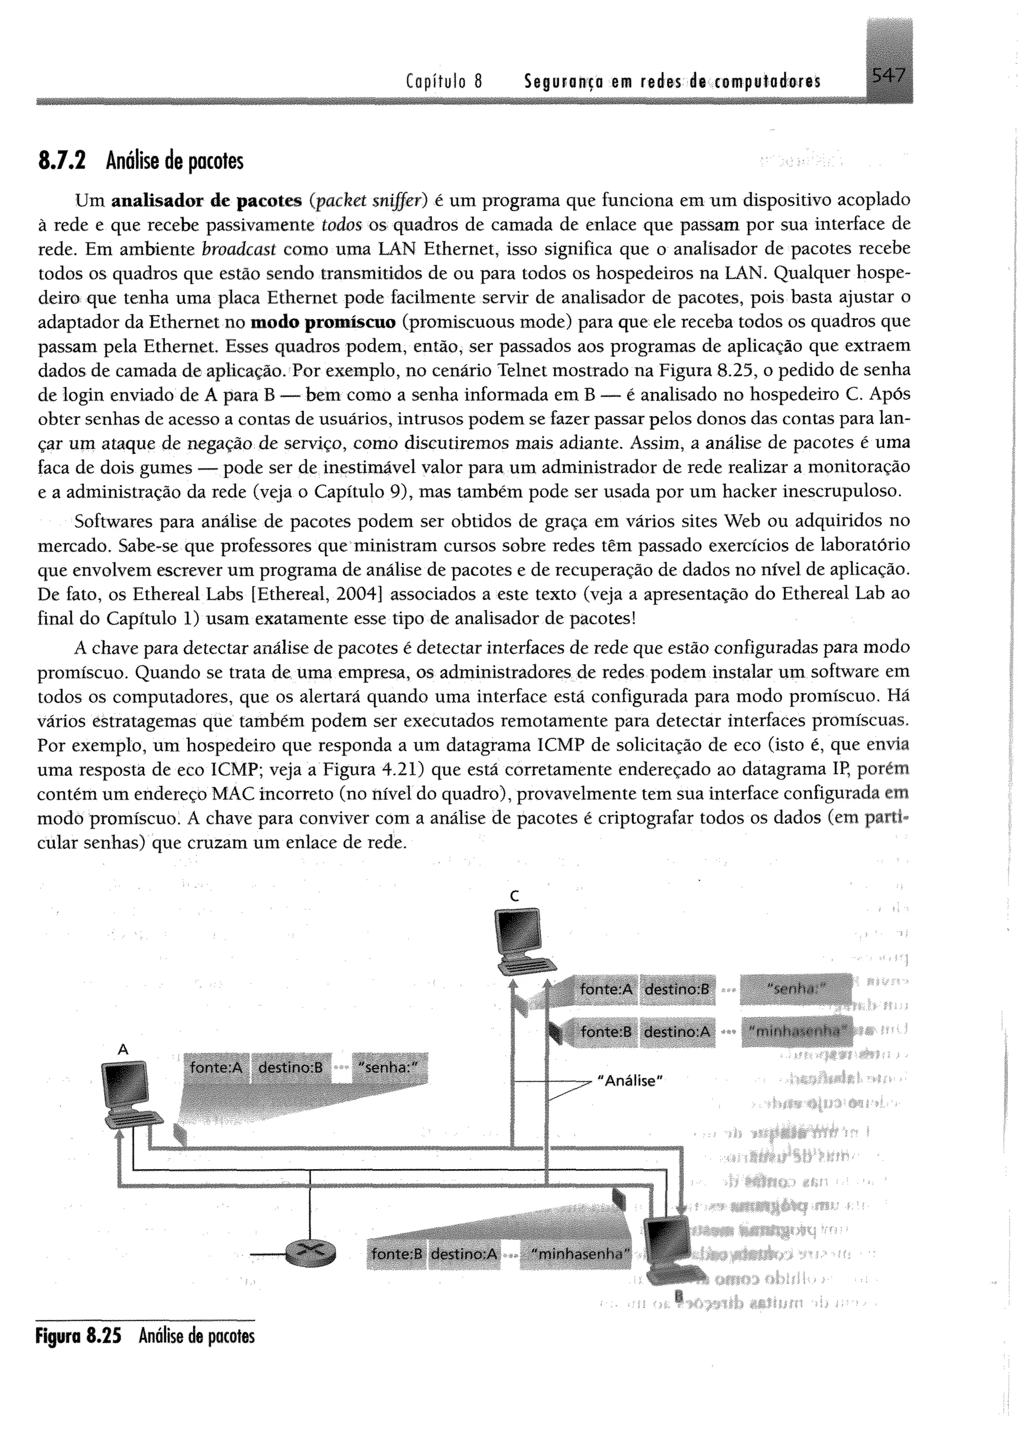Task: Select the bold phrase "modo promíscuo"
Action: pos(323,322)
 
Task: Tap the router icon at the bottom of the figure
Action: pos(310,1253)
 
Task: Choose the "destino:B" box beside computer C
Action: pos(677,989)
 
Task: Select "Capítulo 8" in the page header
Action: pos(444,81)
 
